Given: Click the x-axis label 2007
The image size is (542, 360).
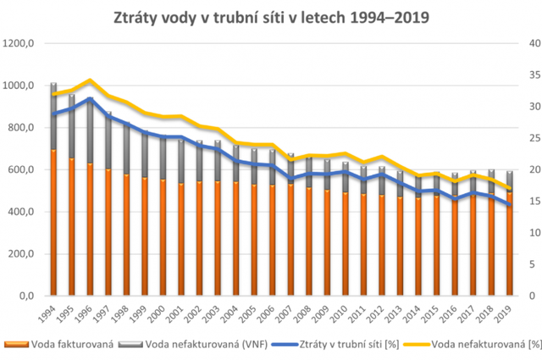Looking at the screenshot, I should click(290, 313).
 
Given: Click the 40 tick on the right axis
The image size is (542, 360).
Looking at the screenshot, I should click(531, 44).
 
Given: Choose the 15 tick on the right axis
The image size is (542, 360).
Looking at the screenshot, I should click(531, 202).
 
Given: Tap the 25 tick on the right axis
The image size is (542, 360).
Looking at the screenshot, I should click(531, 139).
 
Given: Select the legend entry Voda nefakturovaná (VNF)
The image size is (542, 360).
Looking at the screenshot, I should click(199, 345).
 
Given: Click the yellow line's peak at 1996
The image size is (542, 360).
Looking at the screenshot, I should click(91, 80).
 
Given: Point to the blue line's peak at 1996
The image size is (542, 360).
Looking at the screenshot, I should click(91, 99).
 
